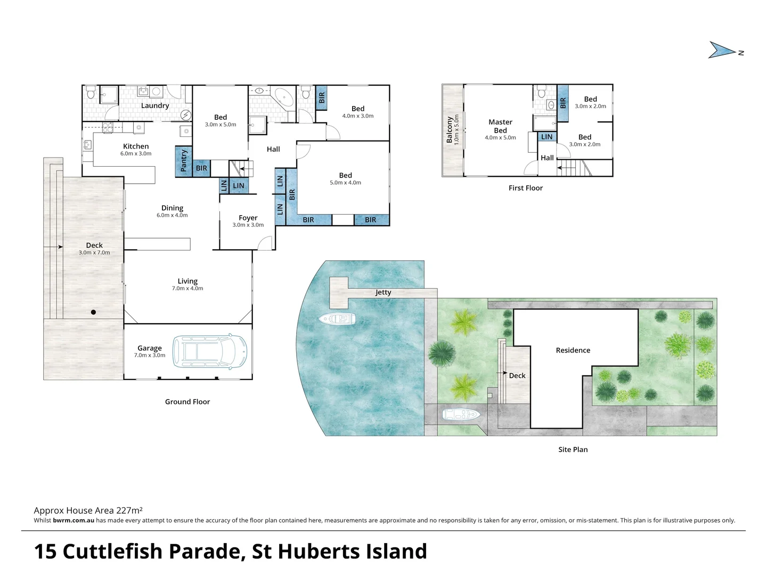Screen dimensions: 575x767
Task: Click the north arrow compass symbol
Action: (x=723, y=51)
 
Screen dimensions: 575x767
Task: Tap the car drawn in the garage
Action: (x=210, y=351)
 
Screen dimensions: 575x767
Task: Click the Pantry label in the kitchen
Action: (x=184, y=161)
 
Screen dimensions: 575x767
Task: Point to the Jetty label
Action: (x=383, y=292)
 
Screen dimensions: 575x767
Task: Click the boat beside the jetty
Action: (x=337, y=319)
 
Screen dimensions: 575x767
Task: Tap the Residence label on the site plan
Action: (x=573, y=350)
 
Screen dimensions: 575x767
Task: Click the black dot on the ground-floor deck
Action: (x=93, y=313)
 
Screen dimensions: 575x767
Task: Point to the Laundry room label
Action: (x=155, y=105)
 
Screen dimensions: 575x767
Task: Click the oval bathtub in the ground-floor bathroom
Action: (x=283, y=98)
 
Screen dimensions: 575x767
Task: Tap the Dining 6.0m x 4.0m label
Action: (x=172, y=211)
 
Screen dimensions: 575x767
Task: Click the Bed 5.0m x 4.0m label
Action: (x=345, y=178)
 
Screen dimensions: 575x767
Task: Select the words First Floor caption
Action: (x=525, y=188)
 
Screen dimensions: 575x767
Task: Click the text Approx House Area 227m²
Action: (x=88, y=510)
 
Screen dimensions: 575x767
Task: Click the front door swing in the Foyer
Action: (x=265, y=243)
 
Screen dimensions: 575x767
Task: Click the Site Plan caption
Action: (x=573, y=449)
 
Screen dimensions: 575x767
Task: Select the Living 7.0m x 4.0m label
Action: (x=187, y=284)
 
